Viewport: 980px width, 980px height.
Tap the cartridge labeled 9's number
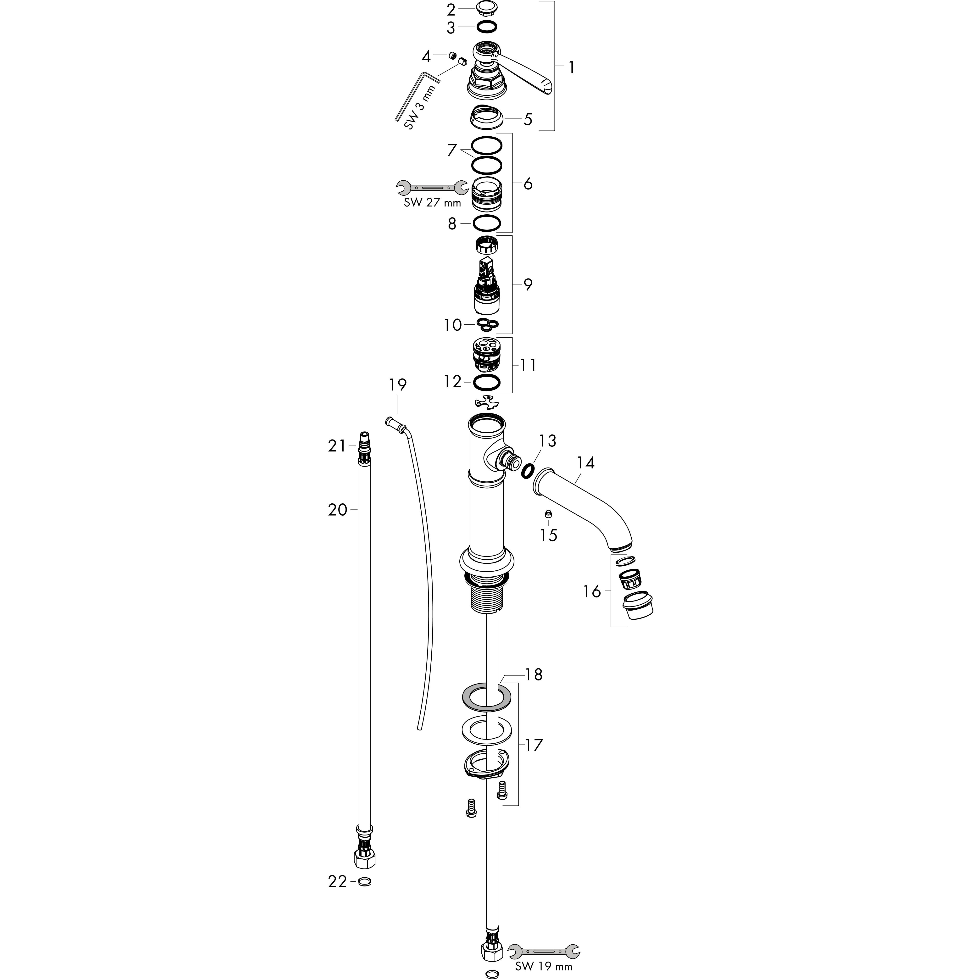(528, 284)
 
